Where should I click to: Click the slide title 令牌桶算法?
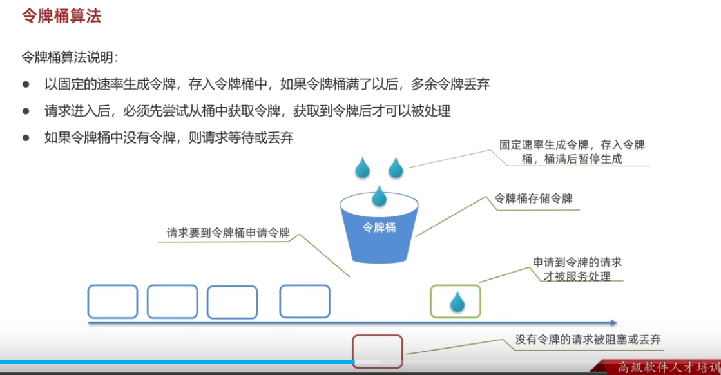tap(61, 17)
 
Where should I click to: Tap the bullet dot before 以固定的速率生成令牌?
tap(26, 84)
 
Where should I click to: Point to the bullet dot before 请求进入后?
tap(26, 111)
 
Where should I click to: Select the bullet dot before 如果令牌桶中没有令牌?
tap(26, 137)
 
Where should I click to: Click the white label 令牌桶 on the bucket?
tap(379, 227)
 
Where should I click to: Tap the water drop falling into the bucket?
tap(379, 195)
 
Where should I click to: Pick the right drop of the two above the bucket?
tap(395, 168)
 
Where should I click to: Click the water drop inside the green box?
tap(457, 301)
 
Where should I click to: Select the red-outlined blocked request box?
tap(378, 351)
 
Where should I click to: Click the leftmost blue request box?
tap(113, 302)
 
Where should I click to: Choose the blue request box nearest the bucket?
tap(305, 302)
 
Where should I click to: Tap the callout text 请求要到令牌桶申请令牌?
tap(229, 233)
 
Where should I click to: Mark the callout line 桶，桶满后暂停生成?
tap(572, 159)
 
